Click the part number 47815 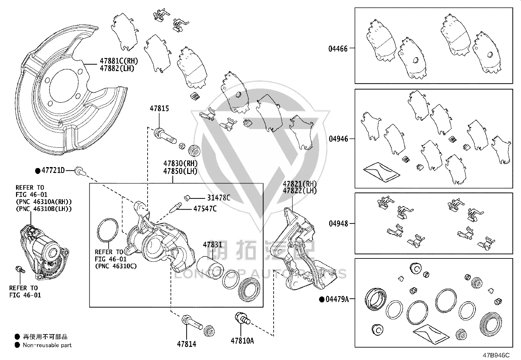tap(159, 108)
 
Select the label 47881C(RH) tap(119, 61)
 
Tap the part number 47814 tap(187, 344)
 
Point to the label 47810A tap(243, 341)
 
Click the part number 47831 tap(213, 245)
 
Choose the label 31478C tap(219, 198)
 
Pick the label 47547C tap(205, 209)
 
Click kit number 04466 tap(338, 49)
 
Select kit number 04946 tap(338, 139)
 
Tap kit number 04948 tap(338, 223)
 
